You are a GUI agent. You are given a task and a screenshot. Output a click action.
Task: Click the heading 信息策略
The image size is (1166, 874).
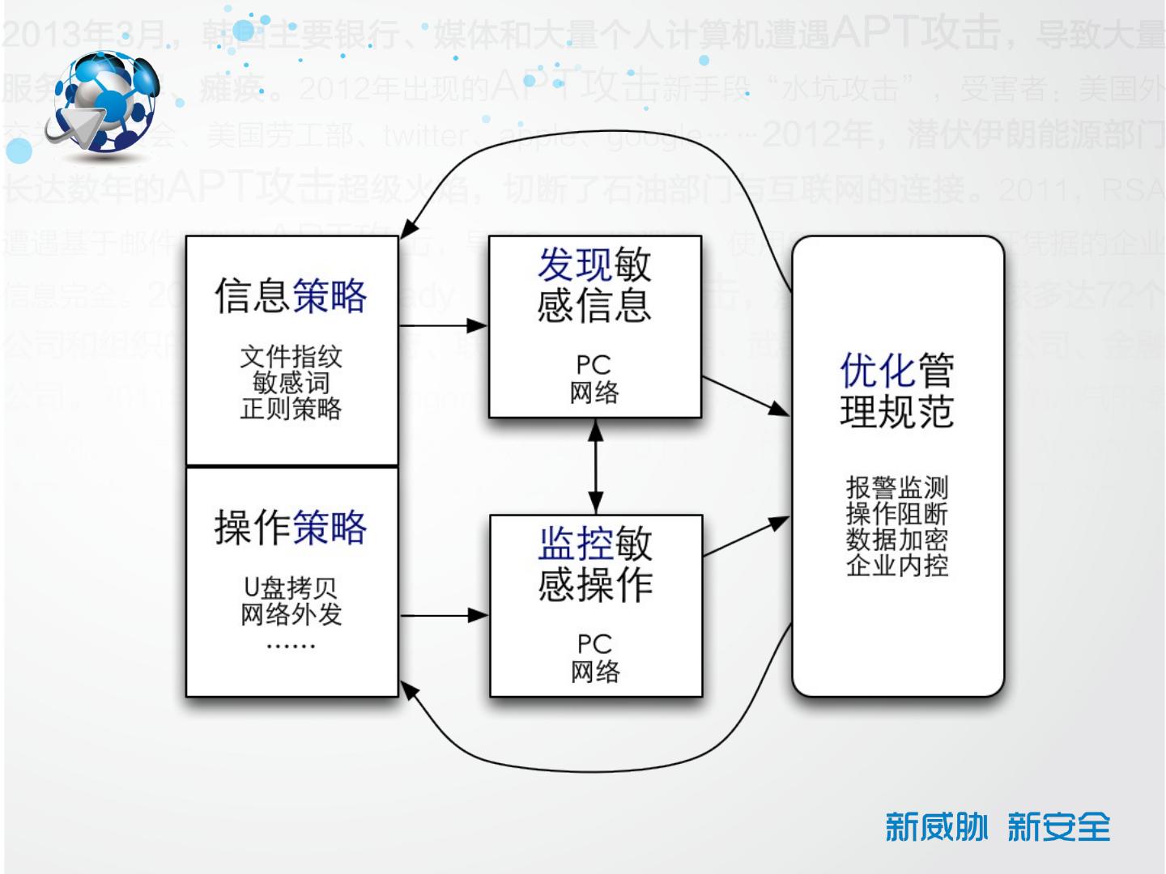pyautogui.click(x=291, y=295)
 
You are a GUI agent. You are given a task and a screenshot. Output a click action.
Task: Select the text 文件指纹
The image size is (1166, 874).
pyautogui.click(x=291, y=356)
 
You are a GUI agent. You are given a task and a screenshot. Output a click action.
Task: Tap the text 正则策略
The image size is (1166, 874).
pyautogui.click(x=291, y=409)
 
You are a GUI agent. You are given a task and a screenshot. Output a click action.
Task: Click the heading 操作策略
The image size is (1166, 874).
pyautogui.click(x=291, y=528)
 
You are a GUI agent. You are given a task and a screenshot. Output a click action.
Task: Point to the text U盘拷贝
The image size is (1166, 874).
pyautogui.click(x=291, y=587)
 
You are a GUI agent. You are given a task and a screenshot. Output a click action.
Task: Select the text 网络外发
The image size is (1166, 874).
pyautogui.click(x=291, y=615)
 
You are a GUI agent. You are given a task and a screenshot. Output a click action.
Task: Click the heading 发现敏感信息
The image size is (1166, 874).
pyautogui.click(x=594, y=285)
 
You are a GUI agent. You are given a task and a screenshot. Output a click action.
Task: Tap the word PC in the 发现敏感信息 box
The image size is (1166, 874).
pyautogui.click(x=594, y=365)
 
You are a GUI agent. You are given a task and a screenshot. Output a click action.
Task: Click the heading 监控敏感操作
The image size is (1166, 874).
pyautogui.click(x=595, y=564)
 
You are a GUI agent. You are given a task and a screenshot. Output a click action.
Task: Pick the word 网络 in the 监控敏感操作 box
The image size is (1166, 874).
pyautogui.click(x=595, y=672)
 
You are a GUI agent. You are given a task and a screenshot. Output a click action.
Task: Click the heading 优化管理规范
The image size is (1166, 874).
pyautogui.click(x=896, y=391)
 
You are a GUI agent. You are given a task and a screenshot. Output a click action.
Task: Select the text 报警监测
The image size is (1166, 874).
pyautogui.click(x=896, y=487)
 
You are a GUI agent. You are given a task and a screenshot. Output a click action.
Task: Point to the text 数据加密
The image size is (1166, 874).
pyautogui.click(x=896, y=539)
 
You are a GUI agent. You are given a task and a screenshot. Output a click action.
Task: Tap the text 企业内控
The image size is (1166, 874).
pyautogui.click(x=896, y=565)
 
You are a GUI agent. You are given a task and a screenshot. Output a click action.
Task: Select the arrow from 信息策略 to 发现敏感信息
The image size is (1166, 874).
pyautogui.click(x=443, y=326)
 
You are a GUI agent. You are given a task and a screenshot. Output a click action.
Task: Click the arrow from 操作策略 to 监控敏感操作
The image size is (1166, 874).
pyautogui.click(x=443, y=616)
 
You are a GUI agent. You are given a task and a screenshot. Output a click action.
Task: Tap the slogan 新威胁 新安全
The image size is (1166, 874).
pyautogui.click(x=998, y=827)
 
